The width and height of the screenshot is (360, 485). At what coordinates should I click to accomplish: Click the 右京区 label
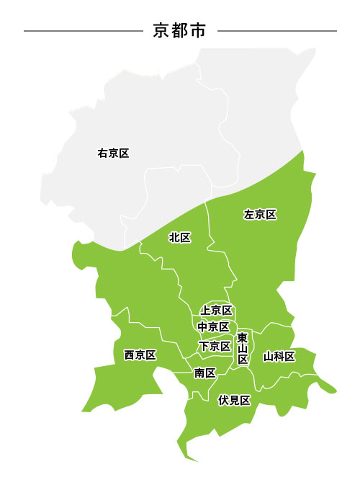[113, 153]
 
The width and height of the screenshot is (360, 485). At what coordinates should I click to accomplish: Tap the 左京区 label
[260, 214]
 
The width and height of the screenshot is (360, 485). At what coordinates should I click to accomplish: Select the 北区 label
[179, 237]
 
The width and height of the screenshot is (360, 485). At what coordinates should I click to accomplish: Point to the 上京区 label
[216, 310]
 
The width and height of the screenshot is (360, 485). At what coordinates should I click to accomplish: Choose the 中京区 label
[214, 327]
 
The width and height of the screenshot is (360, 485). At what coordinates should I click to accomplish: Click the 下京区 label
[215, 346]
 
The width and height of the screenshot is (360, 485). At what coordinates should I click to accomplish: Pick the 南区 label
[205, 373]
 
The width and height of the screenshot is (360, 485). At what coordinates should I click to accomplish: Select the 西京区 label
[140, 355]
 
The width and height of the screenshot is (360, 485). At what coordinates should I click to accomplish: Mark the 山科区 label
[279, 355]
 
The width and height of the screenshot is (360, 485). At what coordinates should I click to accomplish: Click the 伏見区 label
[234, 400]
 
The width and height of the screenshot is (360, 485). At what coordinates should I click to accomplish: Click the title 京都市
[180, 30]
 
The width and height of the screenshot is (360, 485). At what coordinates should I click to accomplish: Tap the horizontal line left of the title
[83, 31]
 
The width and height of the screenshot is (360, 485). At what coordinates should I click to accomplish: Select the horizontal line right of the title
[276, 31]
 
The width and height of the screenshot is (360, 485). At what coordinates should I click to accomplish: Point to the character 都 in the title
[180, 30]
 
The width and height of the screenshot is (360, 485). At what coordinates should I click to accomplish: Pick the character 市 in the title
[198, 30]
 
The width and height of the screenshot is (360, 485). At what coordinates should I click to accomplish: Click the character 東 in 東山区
[243, 337]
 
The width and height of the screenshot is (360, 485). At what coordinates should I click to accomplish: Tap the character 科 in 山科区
[279, 355]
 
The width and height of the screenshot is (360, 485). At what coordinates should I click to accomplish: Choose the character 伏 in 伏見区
[223, 400]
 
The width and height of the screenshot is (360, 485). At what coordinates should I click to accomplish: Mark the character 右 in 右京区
[102, 153]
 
